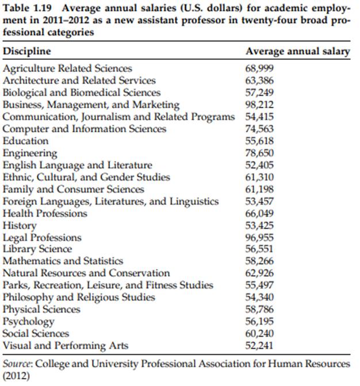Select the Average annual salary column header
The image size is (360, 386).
tap(297, 51)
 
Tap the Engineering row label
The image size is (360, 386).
tap(30, 153)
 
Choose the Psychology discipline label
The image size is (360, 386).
tap(29, 322)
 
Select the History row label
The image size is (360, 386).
tap(20, 226)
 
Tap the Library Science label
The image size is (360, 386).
tap(37, 249)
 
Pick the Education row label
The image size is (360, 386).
tap(26, 141)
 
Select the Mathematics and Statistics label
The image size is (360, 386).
tap(63, 261)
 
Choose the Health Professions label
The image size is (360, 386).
tap(45, 213)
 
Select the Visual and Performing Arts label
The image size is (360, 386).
tap(66, 346)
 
